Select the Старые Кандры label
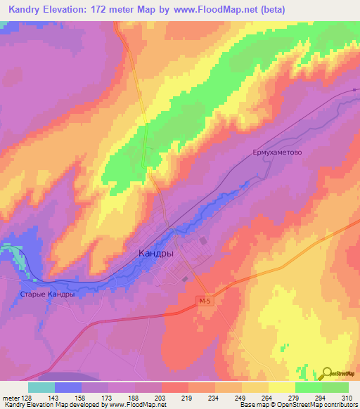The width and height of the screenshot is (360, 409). point(48,294)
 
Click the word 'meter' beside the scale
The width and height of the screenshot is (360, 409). point(11,397)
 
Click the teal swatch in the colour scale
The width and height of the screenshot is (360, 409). point(41,387)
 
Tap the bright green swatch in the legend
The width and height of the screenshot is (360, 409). point(309,387)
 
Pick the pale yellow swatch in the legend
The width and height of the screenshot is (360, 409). point(282,387)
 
